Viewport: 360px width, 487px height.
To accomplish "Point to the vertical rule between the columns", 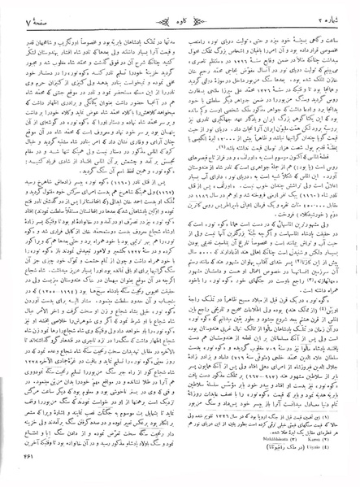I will click(180, 244).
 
